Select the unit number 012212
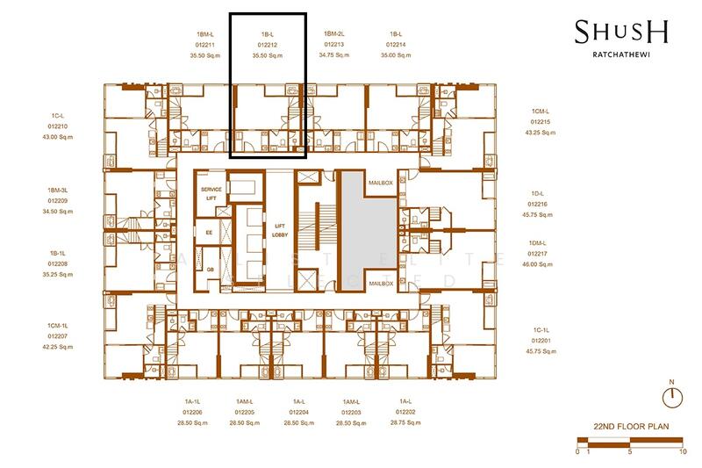tap(268, 43)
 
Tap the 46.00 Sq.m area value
tap(537, 263)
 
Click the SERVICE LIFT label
tap(211, 194)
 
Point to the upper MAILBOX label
tap(380, 183)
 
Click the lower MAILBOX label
tap(380, 284)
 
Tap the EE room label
tap(209, 232)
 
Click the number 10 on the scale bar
tap(683, 452)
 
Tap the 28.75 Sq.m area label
tap(405, 422)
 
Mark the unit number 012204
tap(299, 412)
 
